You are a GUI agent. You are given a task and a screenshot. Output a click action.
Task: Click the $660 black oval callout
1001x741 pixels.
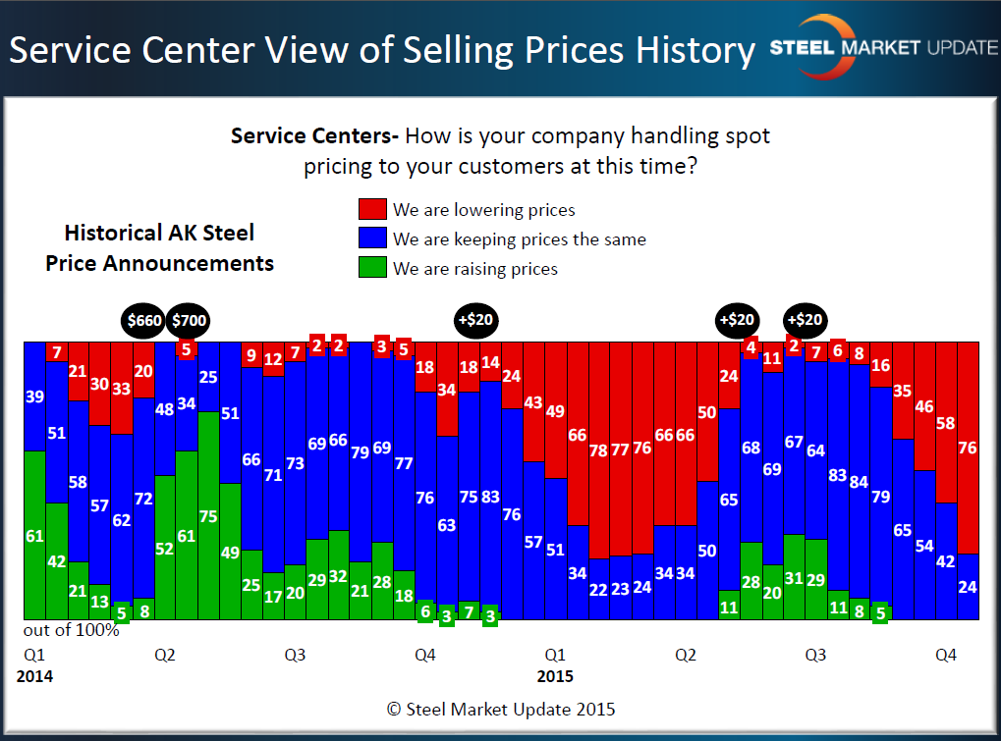click(143, 320)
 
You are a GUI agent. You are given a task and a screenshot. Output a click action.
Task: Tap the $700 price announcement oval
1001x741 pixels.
click(189, 320)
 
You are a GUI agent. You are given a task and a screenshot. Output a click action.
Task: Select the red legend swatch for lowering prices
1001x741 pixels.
click(371, 210)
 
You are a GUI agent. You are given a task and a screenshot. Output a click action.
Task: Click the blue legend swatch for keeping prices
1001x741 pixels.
click(371, 239)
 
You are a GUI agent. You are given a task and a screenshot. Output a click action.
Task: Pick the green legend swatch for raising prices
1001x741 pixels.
click(371, 269)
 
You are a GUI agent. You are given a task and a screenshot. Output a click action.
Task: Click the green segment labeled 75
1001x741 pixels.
click(208, 516)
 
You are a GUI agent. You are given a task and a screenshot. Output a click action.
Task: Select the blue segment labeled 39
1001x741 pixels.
click(34, 397)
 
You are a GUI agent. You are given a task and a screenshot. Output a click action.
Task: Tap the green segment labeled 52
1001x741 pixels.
click(165, 548)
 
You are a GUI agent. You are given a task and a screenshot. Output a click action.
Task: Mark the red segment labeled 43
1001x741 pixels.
click(533, 402)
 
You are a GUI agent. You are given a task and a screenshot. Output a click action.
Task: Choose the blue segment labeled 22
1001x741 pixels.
click(599, 589)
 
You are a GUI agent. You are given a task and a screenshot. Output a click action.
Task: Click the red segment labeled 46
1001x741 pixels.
click(924, 406)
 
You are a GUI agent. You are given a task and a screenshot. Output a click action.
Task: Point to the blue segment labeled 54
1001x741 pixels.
click(924, 546)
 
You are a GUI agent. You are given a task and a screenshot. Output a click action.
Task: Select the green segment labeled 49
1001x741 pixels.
click(230, 552)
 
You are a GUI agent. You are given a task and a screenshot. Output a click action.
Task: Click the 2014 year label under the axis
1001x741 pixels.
click(34, 677)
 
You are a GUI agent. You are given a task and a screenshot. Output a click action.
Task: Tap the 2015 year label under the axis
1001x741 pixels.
click(555, 677)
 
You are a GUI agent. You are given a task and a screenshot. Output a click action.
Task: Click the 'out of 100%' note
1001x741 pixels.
click(72, 630)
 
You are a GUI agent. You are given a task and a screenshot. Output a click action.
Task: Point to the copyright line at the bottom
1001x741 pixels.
click(501, 709)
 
